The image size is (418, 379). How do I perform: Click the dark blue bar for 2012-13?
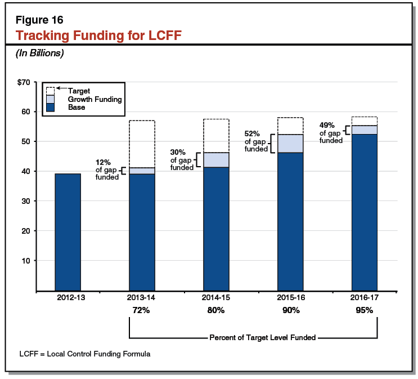[68, 232]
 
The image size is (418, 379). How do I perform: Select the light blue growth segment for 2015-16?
[290, 143]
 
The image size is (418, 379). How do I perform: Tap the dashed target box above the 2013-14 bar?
[142, 144]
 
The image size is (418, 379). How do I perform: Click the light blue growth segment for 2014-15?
[216, 159]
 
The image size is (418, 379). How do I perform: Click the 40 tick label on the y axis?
[25, 171]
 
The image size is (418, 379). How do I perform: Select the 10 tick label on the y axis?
[25, 261]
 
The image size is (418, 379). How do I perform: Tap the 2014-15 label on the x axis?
[216, 298]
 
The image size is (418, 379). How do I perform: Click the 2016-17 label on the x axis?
[364, 298]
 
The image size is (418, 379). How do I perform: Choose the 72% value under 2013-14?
[142, 310]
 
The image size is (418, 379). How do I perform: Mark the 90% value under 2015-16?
[290, 310]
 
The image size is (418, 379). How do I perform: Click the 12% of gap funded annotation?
[107, 170]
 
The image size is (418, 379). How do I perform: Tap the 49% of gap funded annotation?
[330, 133]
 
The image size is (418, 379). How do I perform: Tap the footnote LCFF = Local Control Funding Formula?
[85, 354]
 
